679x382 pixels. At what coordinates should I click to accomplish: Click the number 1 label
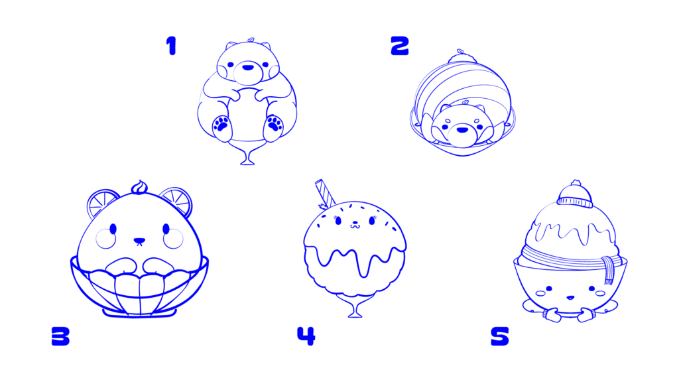click(x=172, y=46)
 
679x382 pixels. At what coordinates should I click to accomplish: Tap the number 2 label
click(x=399, y=46)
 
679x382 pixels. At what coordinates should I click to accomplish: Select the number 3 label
click(x=60, y=336)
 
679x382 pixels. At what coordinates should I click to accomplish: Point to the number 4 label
click(x=306, y=336)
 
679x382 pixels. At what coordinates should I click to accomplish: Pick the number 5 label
click(x=499, y=336)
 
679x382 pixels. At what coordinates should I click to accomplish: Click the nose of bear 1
click(x=247, y=66)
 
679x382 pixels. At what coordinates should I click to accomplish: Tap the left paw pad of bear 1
click(x=222, y=124)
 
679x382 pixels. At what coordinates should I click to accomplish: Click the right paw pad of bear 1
click(x=274, y=123)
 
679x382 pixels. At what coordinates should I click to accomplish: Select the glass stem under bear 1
click(x=247, y=155)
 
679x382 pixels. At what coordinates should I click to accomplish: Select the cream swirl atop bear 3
click(x=139, y=188)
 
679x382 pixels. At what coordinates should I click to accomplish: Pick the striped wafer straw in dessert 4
click(x=325, y=193)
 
